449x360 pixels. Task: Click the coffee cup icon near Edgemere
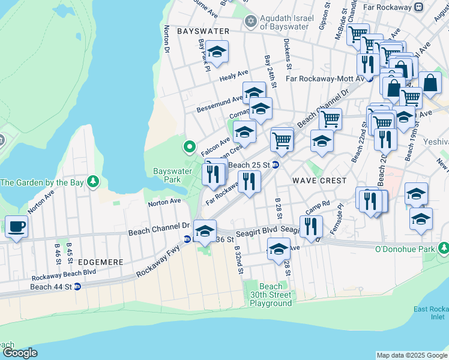(x=16, y=227)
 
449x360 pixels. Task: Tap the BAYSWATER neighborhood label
(x=203, y=31)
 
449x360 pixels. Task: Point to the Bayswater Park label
(x=167, y=175)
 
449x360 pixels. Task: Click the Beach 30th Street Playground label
(x=270, y=295)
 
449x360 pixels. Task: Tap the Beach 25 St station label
(x=246, y=165)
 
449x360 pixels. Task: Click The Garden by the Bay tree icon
(x=93, y=182)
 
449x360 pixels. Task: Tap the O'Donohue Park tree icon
(x=443, y=248)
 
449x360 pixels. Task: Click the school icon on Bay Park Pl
(x=217, y=51)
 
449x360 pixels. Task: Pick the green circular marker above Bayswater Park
(x=190, y=146)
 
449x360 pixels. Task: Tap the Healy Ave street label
(x=234, y=74)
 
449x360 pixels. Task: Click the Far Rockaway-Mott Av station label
(x=325, y=79)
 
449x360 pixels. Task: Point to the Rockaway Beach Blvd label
(x=64, y=271)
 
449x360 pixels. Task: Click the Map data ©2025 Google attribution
(x=411, y=355)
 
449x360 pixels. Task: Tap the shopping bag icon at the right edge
(x=430, y=83)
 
